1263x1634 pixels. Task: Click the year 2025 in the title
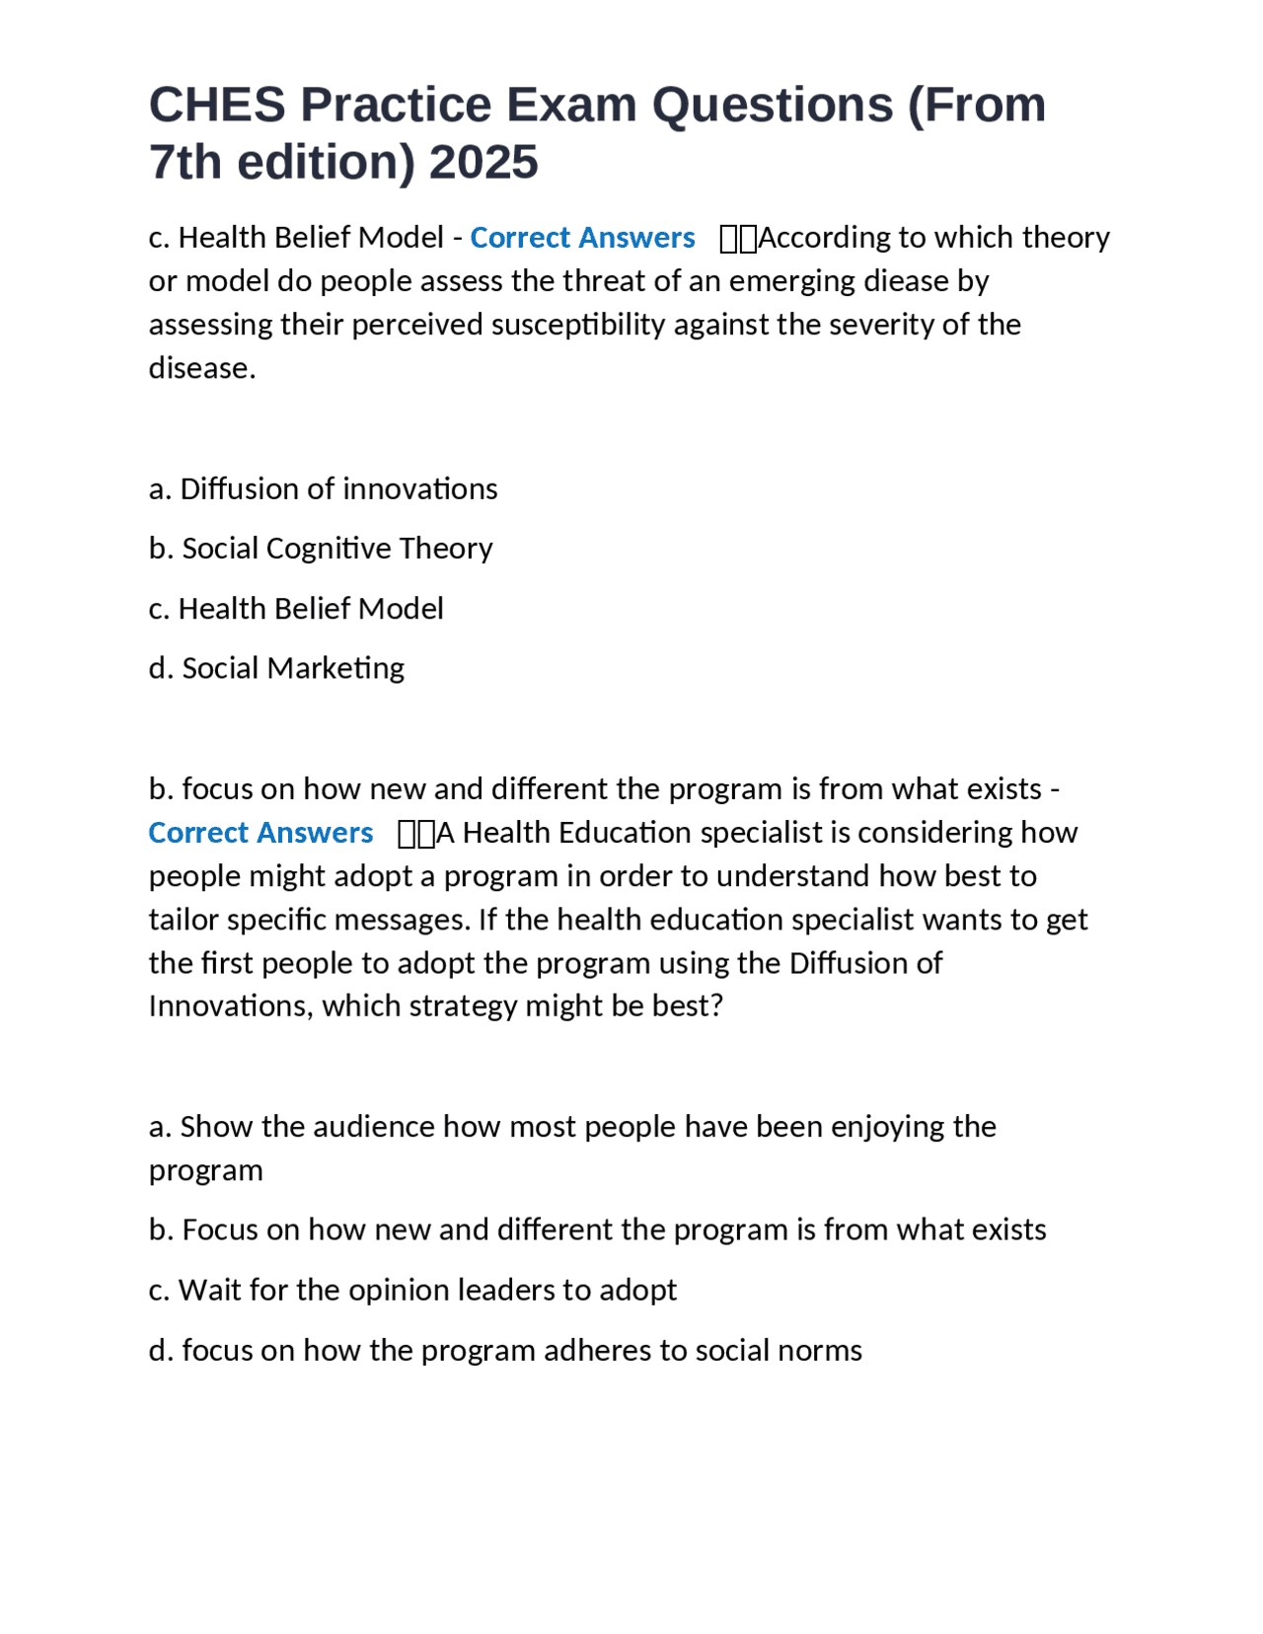483,162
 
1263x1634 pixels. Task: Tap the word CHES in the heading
216,105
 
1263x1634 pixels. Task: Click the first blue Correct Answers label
582,238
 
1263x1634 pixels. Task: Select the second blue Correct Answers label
260,833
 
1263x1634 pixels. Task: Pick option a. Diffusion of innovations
323,489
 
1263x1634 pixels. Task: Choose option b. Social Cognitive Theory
321,549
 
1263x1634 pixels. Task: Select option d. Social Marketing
276,669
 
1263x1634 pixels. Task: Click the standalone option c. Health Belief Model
296,609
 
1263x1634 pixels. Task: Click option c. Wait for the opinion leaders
412,1291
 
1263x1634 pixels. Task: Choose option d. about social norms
505,1351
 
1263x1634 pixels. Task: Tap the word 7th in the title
185,162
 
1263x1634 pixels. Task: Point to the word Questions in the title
772,105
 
